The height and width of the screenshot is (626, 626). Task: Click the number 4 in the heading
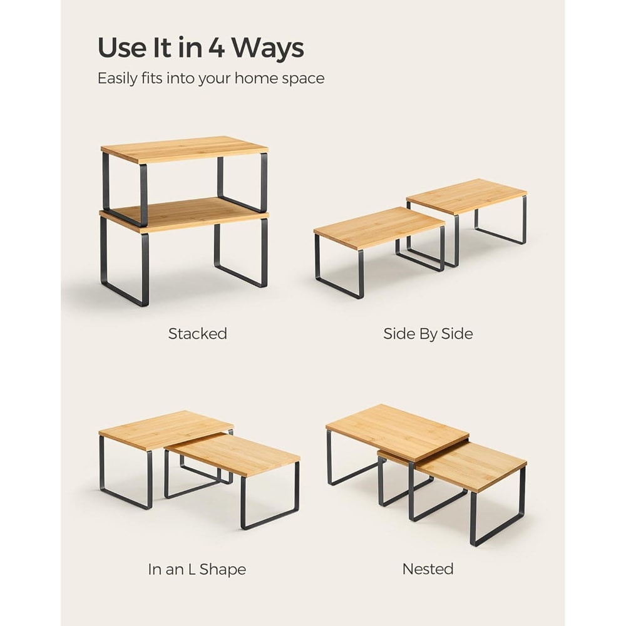(217, 48)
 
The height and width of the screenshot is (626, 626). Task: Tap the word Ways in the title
(268, 48)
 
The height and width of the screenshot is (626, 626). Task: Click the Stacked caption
(198, 334)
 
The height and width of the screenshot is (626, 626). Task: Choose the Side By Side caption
(428, 334)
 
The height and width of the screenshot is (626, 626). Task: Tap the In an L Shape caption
(197, 569)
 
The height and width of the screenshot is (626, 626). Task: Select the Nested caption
(428, 568)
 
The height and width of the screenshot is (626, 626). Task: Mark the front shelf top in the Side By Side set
(379, 228)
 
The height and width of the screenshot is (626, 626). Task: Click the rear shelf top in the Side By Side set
(467, 196)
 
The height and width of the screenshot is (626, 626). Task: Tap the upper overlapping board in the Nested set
(398, 433)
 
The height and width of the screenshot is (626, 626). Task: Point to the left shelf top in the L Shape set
(166, 429)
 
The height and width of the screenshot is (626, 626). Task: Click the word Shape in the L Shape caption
(222, 570)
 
